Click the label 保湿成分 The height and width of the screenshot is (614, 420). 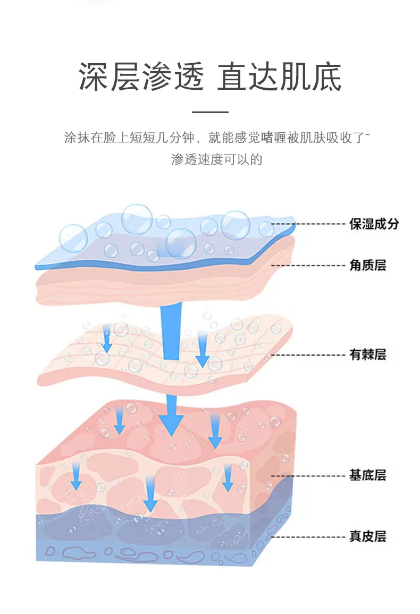click(x=374, y=224)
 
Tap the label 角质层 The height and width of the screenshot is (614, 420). click(x=367, y=265)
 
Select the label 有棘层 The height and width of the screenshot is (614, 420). click(x=367, y=355)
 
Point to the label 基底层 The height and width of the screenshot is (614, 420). click(x=367, y=475)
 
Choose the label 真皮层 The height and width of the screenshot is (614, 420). click(x=367, y=536)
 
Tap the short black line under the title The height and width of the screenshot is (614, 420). click(x=210, y=112)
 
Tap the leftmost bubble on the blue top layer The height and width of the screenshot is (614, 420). click(x=73, y=238)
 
